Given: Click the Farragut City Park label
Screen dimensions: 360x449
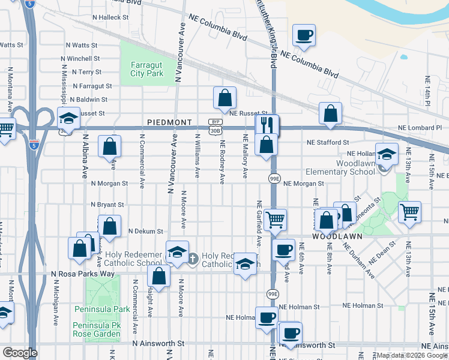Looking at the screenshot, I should (x=146, y=69).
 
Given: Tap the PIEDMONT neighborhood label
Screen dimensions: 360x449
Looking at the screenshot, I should (x=169, y=122).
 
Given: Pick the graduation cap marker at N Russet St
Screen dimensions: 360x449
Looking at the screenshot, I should (x=69, y=117).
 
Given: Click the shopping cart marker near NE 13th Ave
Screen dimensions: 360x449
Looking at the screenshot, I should (x=409, y=212).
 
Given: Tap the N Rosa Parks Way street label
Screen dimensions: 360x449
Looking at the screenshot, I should (x=83, y=274).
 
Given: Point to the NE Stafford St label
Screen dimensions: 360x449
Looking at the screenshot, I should (x=328, y=143).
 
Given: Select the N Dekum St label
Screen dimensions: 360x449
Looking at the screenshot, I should (x=145, y=231).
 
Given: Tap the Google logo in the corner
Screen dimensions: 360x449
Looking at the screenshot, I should (x=20, y=353).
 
